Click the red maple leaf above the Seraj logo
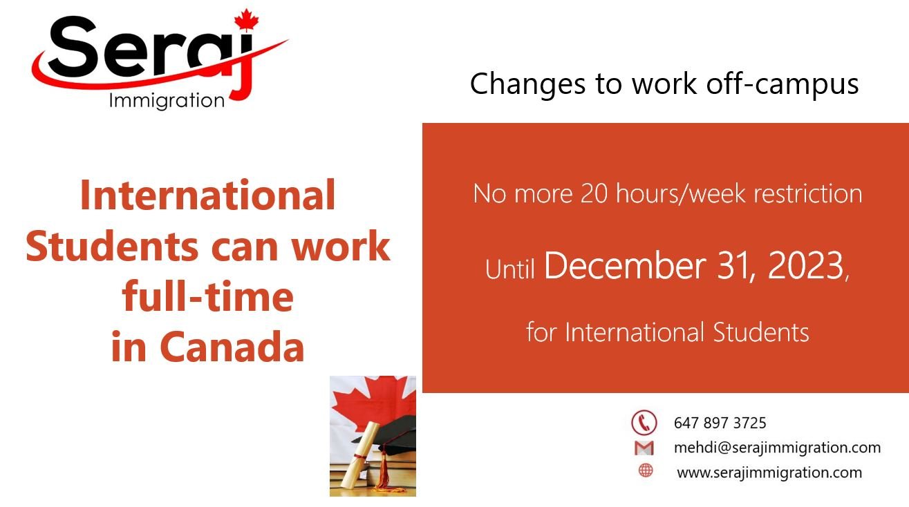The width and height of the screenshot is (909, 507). pyautogui.click(x=246, y=20)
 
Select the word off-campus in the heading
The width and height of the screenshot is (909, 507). pyautogui.click(x=783, y=84)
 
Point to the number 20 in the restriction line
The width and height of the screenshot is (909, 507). pyautogui.click(x=594, y=193)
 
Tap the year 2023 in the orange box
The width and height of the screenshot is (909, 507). pyautogui.click(x=805, y=266)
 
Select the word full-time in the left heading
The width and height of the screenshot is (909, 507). pyautogui.click(x=207, y=297)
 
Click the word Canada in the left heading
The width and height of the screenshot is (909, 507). pyautogui.click(x=232, y=347)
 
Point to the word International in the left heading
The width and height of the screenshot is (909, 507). pyautogui.click(x=207, y=195)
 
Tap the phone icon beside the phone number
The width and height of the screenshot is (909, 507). pyautogui.click(x=644, y=422)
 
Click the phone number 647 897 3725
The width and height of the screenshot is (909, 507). pyautogui.click(x=720, y=423)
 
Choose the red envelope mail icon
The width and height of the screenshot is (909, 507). pyautogui.click(x=644, y=448)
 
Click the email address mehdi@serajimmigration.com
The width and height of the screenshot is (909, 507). pyautogui.click(x=777, y=448)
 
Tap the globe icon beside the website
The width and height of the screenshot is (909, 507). pyautogui.click(x=646, y=471)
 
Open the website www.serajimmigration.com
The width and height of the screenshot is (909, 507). pyautogui.click(x=769, y=473)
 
